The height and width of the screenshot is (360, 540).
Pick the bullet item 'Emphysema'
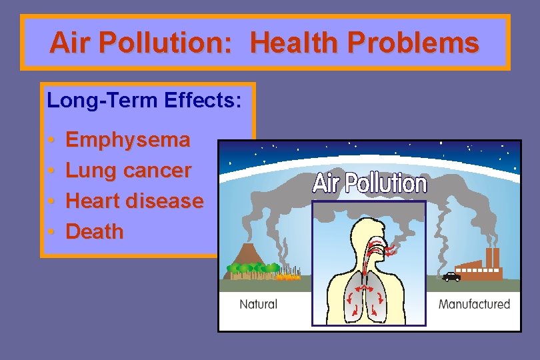(128, 140)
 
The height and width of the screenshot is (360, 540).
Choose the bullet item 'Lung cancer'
(129, 171)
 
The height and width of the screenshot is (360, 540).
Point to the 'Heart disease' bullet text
(135, 201)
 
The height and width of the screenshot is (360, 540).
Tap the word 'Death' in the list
(95, 232)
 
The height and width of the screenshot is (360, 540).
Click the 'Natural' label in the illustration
(258, 304)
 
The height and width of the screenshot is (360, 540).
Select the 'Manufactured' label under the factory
(474, 304)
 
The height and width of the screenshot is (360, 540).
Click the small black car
(451, 277)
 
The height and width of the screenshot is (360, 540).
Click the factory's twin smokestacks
(492, 257)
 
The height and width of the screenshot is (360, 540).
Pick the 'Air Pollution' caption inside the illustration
(369, 183)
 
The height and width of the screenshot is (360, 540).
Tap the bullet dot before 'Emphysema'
(51, 141)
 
